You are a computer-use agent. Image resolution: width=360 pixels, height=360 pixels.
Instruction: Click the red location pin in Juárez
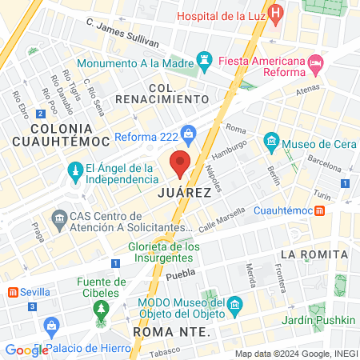180,162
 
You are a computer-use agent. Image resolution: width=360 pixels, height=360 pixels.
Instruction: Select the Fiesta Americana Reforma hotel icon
315,62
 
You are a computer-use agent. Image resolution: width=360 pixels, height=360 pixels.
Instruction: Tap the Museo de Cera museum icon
271,145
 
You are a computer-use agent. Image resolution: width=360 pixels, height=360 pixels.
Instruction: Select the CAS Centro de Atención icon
58,218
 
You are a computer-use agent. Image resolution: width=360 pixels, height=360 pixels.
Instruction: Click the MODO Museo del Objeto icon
235,305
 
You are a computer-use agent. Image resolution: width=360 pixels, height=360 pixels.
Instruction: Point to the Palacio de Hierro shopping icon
51,326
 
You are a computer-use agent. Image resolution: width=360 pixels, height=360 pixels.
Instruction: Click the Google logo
27,350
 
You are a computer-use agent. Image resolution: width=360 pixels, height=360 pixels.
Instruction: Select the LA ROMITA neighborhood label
314,254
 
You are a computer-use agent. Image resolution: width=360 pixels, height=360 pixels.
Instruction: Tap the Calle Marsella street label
218,222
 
